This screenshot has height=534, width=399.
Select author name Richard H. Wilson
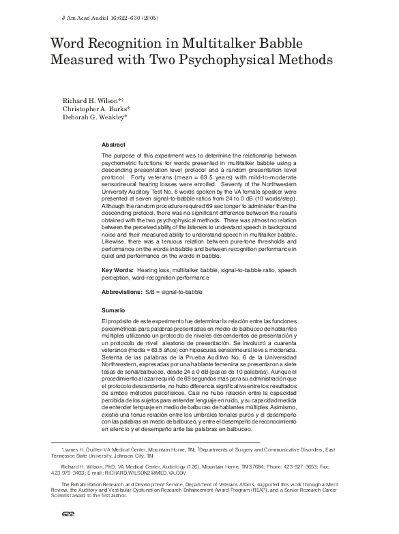(x=91, y=100)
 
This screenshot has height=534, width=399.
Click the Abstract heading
(x=113, y=145)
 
